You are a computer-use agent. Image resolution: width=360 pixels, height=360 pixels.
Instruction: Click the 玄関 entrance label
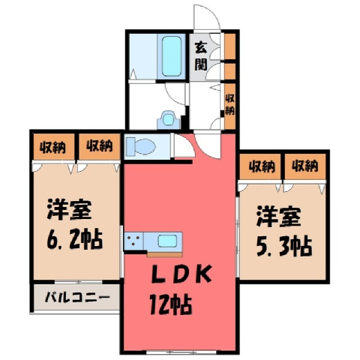[201, 57]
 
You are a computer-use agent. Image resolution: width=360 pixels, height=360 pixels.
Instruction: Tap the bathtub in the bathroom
[172, 56]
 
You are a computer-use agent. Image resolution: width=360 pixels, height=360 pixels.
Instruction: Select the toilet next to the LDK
[140, 146]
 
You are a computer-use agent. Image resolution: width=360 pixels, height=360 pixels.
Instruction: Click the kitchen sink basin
[167, 241]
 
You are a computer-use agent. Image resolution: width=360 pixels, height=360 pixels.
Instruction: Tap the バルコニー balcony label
[77, 298]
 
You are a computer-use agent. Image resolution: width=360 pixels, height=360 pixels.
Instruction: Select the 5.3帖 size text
[284, 246]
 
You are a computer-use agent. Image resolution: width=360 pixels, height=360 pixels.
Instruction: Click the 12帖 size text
[171, 304]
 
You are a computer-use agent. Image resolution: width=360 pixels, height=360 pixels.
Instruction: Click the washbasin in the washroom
[169, 119]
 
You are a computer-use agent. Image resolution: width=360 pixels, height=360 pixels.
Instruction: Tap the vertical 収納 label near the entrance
[229, 105]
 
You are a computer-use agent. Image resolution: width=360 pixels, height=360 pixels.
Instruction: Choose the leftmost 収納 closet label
[53, 148]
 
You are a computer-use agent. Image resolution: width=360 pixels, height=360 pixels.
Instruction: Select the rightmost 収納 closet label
[305, 166]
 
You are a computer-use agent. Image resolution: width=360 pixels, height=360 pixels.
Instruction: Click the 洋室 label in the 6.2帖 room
[69, 209]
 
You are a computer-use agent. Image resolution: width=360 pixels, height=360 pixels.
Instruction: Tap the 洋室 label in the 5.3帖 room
[278, 217]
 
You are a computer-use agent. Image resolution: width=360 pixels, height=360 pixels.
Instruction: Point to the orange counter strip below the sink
[165, 255]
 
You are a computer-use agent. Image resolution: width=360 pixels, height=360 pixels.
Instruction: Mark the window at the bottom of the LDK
[181, 352]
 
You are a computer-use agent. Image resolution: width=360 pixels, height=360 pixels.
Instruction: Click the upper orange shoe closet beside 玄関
[230, 46]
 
